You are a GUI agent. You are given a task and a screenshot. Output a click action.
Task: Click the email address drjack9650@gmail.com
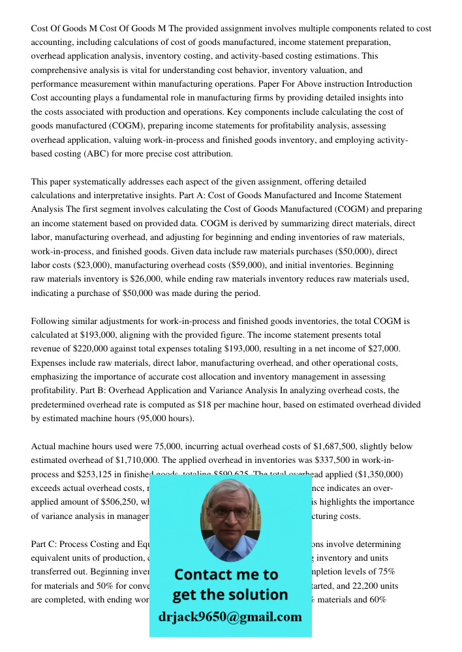pos(230,616)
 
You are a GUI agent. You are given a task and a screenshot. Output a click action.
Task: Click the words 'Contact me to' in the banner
pos(226,574)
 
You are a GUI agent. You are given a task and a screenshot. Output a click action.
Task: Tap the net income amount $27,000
pos(378,349)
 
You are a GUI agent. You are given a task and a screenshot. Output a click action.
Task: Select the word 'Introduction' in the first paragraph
pos(389,84)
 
